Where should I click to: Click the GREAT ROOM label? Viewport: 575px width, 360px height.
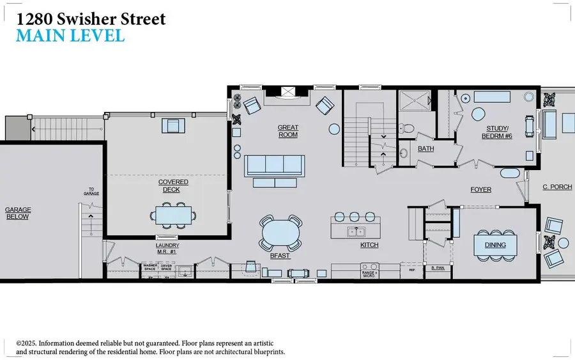coord(287,131)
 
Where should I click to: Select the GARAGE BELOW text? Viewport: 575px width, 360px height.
coord(18,213)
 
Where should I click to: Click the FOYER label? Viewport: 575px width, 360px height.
coord(480,189)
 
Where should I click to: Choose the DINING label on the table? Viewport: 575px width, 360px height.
coord(495,244)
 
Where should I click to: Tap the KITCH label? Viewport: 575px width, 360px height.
coord(369,245)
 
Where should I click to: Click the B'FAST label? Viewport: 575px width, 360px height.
coord(280,256)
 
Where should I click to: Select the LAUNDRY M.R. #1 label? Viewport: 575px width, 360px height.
coord(167,248)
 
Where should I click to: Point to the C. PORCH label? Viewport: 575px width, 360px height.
coord(555,187)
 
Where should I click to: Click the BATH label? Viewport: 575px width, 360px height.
coord(426,148)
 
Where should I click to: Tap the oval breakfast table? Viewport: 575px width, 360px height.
coord(280,233)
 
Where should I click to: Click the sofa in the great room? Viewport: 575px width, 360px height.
coord(274,166)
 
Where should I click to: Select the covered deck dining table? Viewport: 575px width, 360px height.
coord(172,215)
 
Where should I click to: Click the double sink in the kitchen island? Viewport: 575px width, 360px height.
coord(356,230)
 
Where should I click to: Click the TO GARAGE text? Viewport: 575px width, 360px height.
coord(92,191)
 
